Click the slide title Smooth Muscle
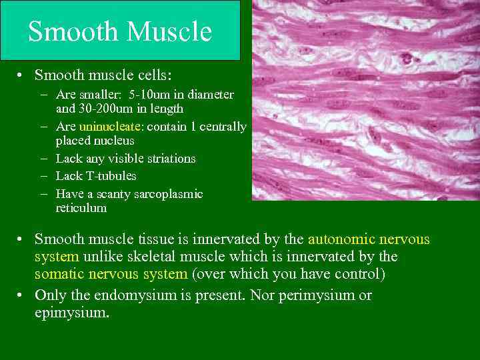(120, 31)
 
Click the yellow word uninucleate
(105, 127)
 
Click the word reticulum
(81, 208)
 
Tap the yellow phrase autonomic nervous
(369, 239)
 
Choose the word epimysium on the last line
(71, 312)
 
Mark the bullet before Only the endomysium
(21, 295)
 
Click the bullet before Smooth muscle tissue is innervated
(21, 239)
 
